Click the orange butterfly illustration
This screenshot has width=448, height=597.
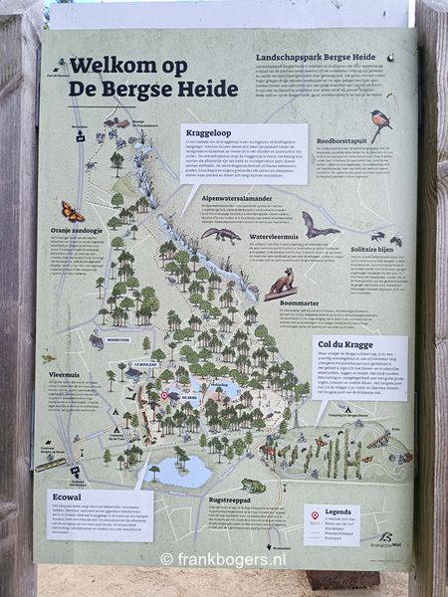(73, 211)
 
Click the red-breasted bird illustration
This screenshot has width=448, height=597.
(380, 123)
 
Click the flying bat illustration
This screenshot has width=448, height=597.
(318, 227)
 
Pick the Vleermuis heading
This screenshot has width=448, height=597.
(65, 376)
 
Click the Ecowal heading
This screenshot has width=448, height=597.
(63, 497)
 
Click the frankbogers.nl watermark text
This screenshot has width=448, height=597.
(224, 559)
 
